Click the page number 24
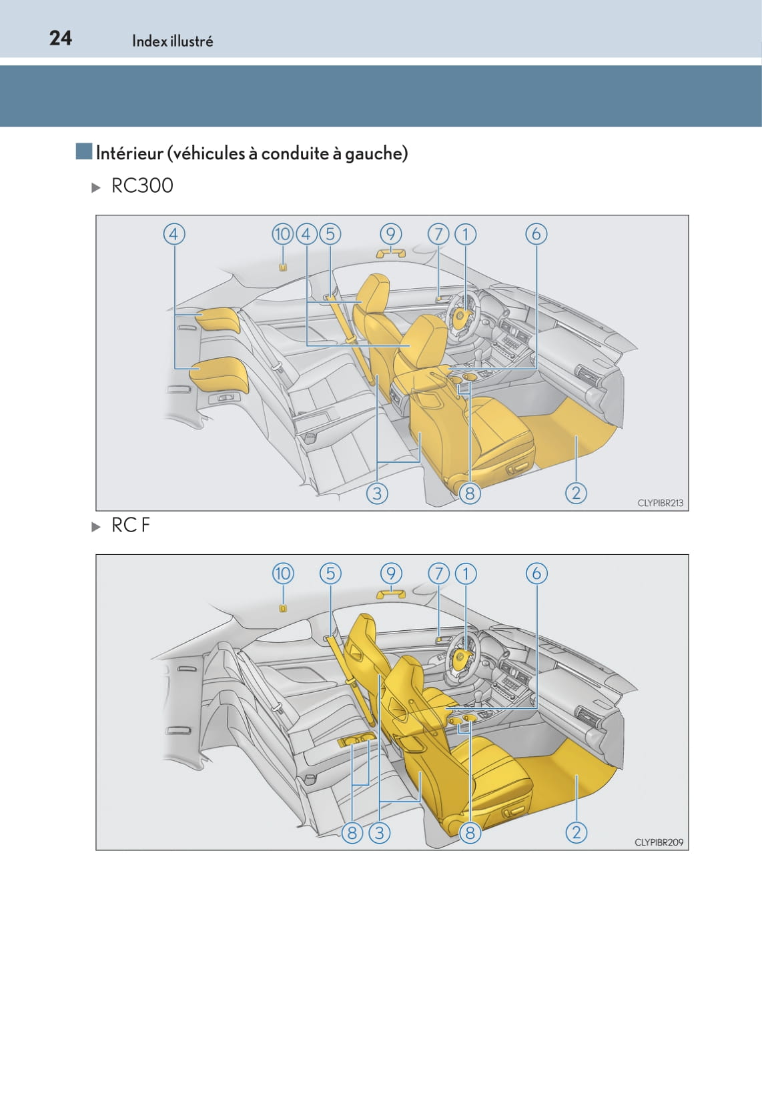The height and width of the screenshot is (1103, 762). click(61, 39)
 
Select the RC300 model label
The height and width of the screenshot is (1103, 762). click(142, 185)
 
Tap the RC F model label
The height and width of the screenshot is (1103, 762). click(131, 525)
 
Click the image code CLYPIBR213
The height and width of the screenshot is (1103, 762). click(660, 503)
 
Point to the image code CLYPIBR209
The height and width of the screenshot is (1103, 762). click(659, 842)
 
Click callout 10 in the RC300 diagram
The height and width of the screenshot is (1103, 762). click(283, 234)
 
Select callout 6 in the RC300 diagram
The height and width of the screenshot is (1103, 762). click(536, 234)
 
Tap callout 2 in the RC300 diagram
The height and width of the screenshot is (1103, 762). click(576, 493)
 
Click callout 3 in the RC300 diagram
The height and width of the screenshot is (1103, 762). click(377, 493)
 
